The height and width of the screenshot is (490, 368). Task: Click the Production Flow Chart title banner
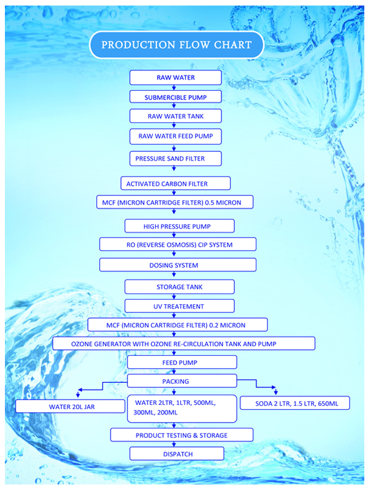(176, 45)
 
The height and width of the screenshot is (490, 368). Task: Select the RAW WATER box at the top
(175, 77)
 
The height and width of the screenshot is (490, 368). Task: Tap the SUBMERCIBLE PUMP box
(175, 97)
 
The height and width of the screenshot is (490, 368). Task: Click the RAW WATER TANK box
(175, 116)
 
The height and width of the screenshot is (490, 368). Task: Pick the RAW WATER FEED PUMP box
(175, 135)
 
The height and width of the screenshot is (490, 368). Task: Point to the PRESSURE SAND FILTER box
(175, 158)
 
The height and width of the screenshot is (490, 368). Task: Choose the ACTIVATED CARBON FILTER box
(175, 183)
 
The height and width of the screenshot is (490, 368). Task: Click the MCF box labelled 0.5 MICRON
(175, 202)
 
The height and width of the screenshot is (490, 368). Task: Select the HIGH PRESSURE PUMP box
(180, 226)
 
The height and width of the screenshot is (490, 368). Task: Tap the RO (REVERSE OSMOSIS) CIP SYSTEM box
(178, 245)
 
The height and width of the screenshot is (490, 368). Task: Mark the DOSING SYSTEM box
(178, 265)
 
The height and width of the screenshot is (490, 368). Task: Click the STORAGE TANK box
(180, 286)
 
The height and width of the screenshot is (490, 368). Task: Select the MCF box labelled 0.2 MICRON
(177, 325)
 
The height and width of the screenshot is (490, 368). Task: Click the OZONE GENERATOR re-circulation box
(183, 344)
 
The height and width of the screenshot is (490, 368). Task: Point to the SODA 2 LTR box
(294, 403)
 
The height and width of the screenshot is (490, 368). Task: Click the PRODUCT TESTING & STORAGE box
(182, 435)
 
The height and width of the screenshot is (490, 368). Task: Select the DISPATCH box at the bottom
(177, 454)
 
